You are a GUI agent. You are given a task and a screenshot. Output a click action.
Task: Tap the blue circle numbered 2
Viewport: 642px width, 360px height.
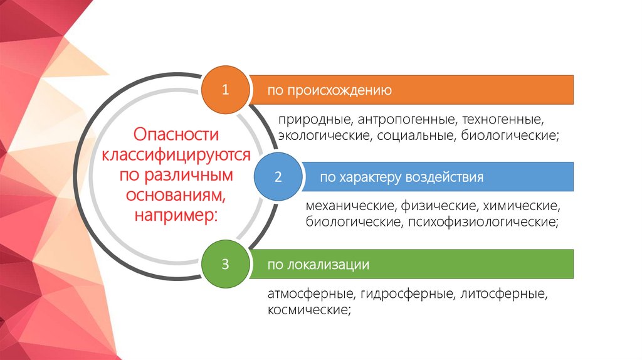(278, 177)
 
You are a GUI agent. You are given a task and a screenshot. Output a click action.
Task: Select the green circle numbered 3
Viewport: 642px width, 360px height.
(225, 264)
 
